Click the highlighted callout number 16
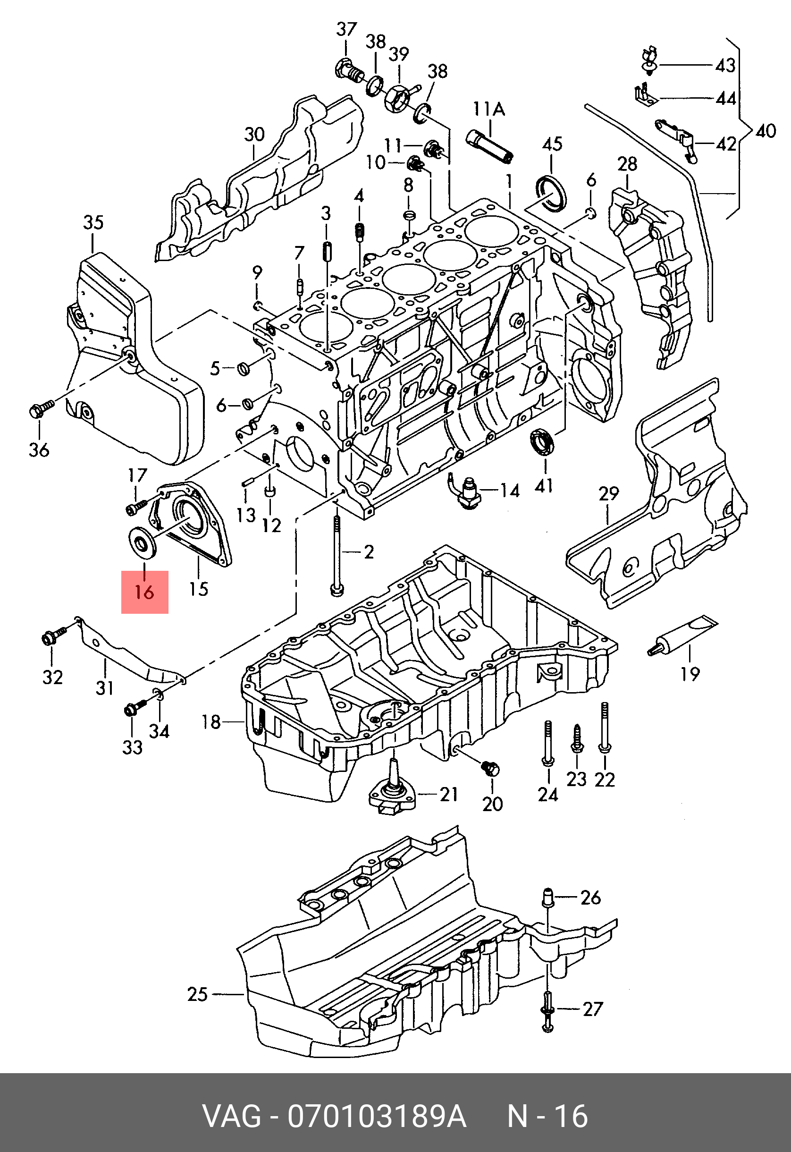pyautogui.click(x=144, y=592)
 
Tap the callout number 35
pyautogui.click(x=93, y=222)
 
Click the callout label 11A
pyautogui.click(x=488, y=109)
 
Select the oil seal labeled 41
pyautogui.click(x=544, y=441)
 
